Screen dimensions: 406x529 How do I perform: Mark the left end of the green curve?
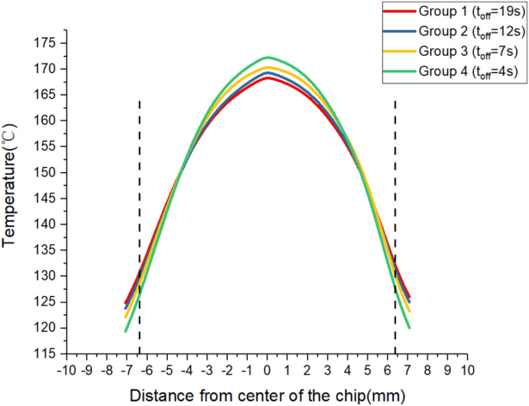pyautogui.click(x=126, y=331)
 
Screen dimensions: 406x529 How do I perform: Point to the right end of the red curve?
pyautogui.click(x=409, y=298)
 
